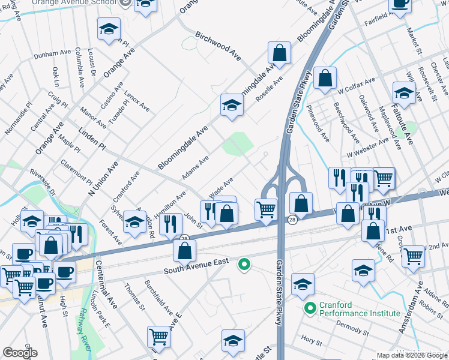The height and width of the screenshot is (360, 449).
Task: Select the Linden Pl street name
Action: pyautogui.click(x=92, y=139)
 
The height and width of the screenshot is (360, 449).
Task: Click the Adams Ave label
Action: pyautogui.click(x=196, y=167)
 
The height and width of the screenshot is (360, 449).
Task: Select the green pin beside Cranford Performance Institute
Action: pyautogui.click(x=310, y=309)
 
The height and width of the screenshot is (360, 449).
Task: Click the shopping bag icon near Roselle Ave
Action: pyautogui.click(x=279, y=53)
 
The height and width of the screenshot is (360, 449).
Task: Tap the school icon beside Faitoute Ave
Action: pyautogui.click(x=404, y=93)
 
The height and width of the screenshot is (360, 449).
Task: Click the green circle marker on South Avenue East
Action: pyautogui.click(x=244, y=263)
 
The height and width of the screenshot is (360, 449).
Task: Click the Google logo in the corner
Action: pyautogui.click(x=20, y=353)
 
